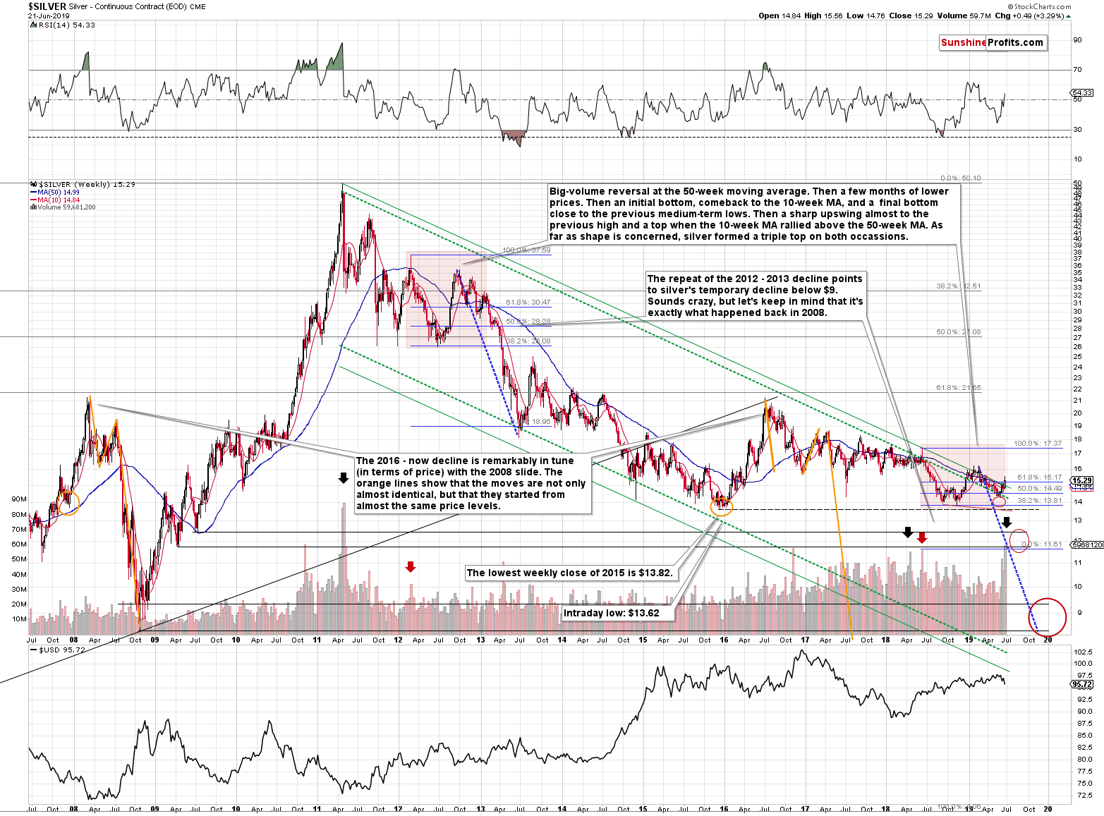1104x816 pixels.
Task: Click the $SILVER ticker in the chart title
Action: click(x=47, y=6)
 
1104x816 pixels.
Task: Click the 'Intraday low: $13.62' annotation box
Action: click(x=612, y=613)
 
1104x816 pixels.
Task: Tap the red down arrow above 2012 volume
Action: click(x=411, y=566)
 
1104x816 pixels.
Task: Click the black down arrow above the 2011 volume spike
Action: click(x=344, y=478)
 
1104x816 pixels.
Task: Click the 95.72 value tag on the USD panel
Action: click(x=1081, y=684)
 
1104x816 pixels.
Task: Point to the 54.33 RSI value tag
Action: click(x=1081, y=92)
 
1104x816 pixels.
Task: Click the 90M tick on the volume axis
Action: click(x=19, y=499)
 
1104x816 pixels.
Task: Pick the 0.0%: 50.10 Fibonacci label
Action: click(x=961, y=178)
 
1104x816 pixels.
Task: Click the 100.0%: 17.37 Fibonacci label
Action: click(x=1037, y=444)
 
